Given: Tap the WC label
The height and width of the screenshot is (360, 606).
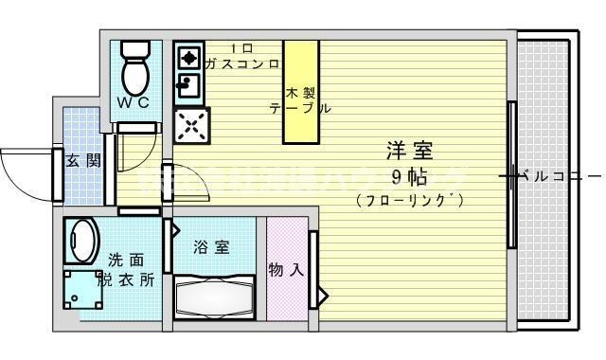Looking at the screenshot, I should pyautogui.click(x=134, y=102).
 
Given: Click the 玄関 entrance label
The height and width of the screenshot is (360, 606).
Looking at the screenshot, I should pyautogui.click(x=81, y=160).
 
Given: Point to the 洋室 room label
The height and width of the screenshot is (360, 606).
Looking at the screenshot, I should pyautogui.click(x=409, y=150).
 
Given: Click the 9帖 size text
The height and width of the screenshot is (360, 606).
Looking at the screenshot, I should pyautogui.click(x=408, y=175).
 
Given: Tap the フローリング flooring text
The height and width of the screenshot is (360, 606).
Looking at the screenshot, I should pyautogui.click(x=409, y=200).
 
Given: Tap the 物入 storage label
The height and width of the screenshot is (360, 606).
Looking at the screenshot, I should pyautogui.click(x=286, y=270).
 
